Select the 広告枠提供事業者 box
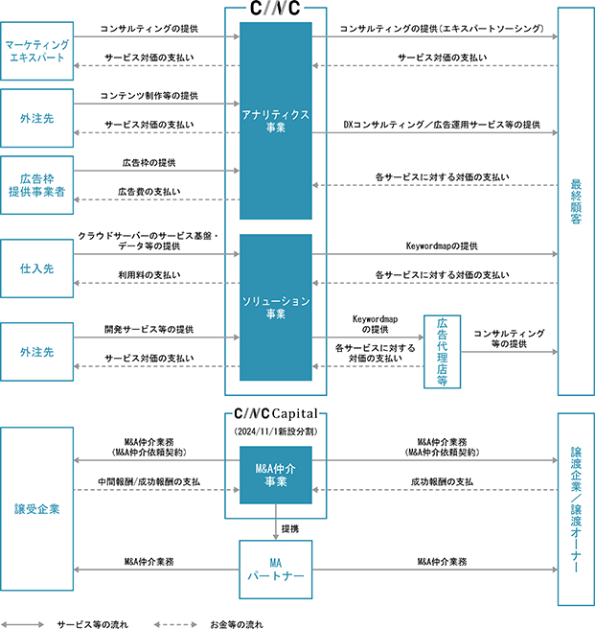(35, 185)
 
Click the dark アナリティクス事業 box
(276, 121)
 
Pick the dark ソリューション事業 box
(276, 308)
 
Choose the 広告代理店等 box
(443, 351)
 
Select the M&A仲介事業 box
(276, 474)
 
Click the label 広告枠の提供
(149, 164)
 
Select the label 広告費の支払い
(149, 192)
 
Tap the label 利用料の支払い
(149, 275)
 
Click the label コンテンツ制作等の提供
(149, 96)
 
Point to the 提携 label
(292, 528)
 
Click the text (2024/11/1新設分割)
(276, 432)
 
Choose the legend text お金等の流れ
(237, 623)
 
